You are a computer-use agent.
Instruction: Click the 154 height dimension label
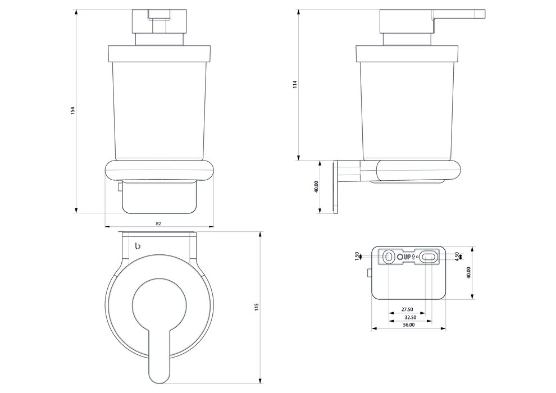(x=72, y=111)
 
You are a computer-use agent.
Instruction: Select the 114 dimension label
(x=294, y=85)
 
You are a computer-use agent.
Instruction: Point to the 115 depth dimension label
(x=257, y=307)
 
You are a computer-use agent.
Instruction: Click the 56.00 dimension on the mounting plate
(x=408, y=325)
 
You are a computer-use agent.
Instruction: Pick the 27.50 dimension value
(x=407, y=309)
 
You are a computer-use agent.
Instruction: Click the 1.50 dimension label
(x=357, y=256)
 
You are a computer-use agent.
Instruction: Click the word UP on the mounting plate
(x=407, y=257)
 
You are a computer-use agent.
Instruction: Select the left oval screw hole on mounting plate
(x=388, y=257)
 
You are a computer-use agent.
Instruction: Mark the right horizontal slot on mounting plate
(x=429, y=257)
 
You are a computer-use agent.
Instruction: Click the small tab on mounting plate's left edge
(x=369, y=273)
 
